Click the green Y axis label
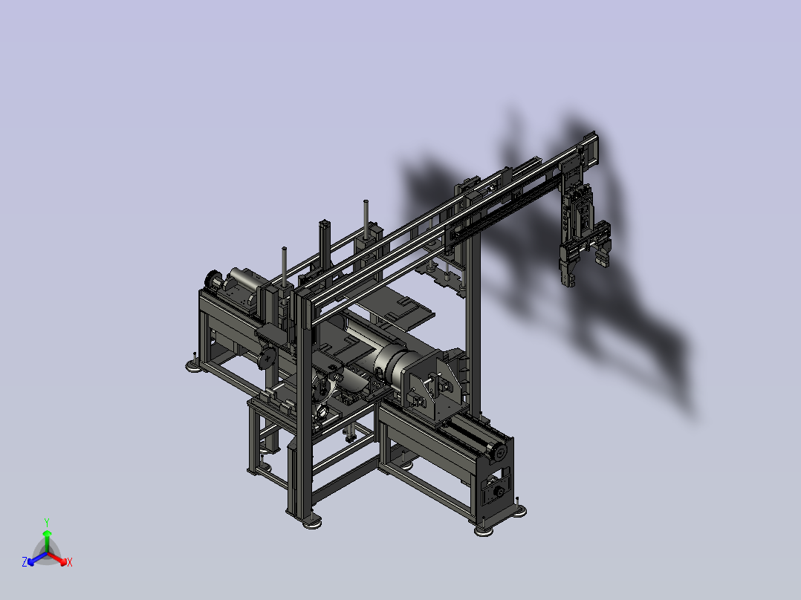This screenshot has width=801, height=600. (46, 521)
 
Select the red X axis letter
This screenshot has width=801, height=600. (70, 563)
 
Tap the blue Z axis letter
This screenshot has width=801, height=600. (25, 563)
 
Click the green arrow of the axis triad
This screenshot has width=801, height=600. (46, 536)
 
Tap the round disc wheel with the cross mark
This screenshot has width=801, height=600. (267, 360)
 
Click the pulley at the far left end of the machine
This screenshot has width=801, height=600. (211, 281)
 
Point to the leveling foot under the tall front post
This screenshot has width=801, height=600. (311, 522)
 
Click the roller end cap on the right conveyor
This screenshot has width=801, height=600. (499, 450)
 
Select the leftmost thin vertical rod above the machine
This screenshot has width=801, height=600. (284, 264)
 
